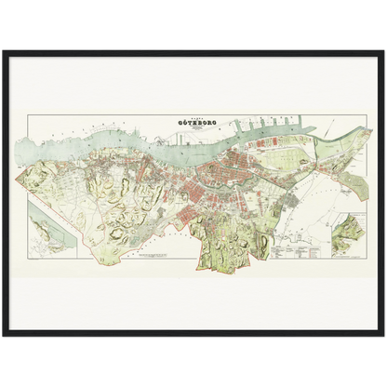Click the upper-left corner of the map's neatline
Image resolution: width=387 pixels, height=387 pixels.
coord(28,115)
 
